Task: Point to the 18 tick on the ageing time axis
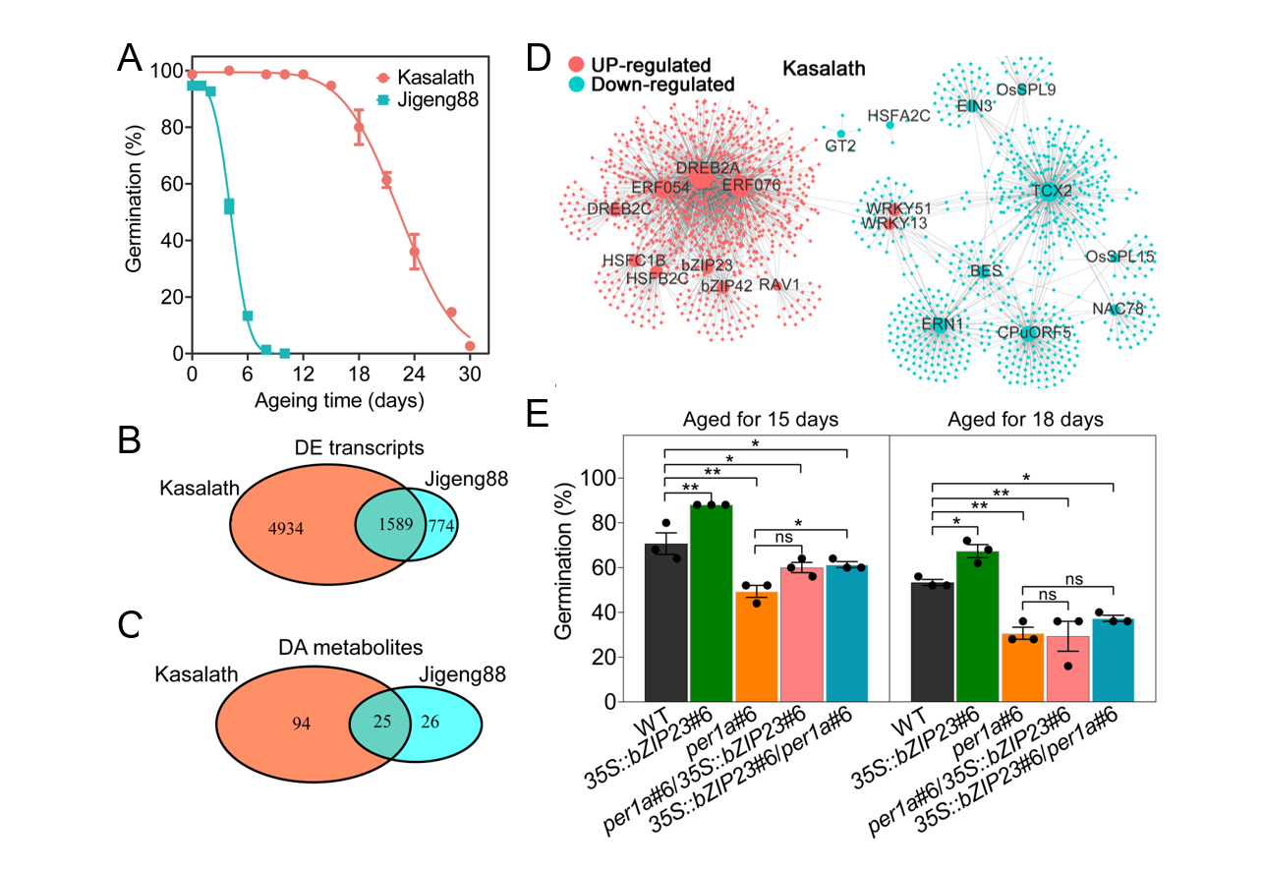click(x=359, y=375)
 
